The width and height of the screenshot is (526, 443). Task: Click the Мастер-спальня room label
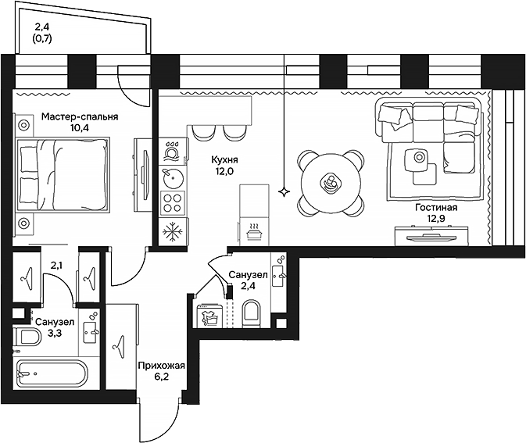click(x=80, y=117)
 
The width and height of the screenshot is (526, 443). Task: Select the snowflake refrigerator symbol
click(x=171, y=231)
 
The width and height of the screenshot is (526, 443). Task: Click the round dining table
click(x=330, y=184)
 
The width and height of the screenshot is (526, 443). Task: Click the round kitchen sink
click(x=172, y=178)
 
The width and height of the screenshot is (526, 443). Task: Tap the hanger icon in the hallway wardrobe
click(x=122, y=342)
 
